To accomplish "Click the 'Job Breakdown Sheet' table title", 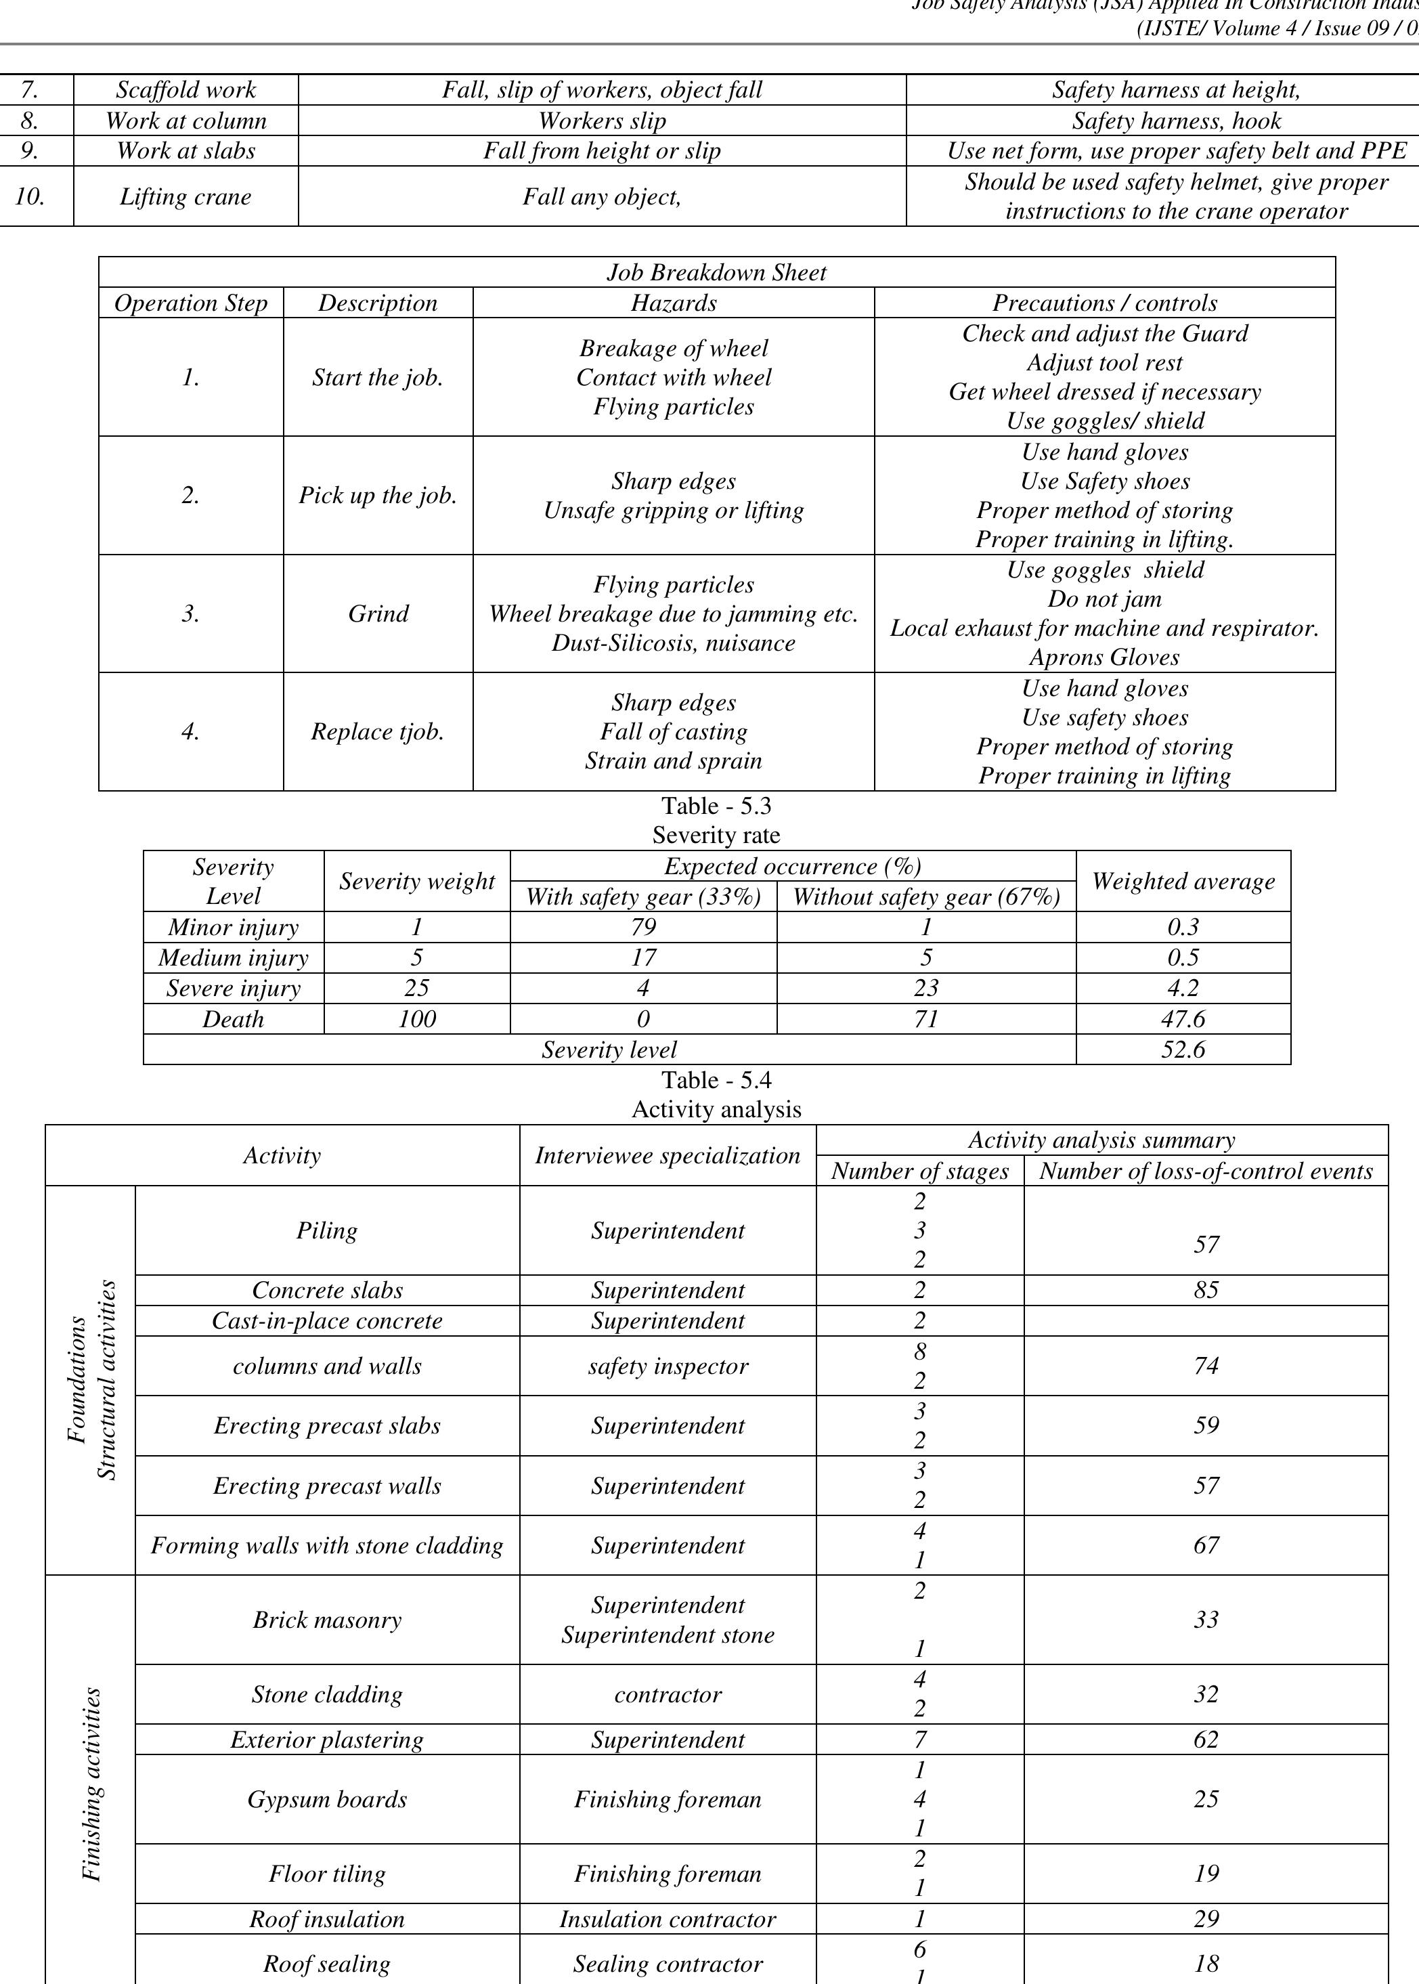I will pyautogui.click(x=716, y=273).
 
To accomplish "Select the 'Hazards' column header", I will pyautogui.click(x=674, y=303).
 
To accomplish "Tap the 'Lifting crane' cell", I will pyautogui.click(x=185, y=196).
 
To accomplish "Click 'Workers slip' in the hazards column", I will pyautogui.click(x=602, y=121).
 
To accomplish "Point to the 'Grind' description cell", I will pyautogui.click(x=378, y=613).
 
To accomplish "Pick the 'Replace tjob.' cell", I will pyautogui.click(x=378, y=731).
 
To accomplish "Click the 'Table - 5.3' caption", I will pyautogui.click(x=716, y=805).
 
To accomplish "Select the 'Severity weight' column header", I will pyautogui.click(x=417, y=881).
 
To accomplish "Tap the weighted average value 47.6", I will pyautogui.click(x=1183, y=1019).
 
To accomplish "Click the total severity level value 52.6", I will pyautogui.click(x=1183, y=1050).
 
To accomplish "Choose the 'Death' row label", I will pyautogui.click(x=234, y=1019).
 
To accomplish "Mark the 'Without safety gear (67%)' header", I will pyautogui.click(x=926, y=897).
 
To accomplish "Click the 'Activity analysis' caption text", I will pyautogui.click(x=716, y=1110).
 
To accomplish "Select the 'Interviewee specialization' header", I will pyautogui.click(x=668, y=1155).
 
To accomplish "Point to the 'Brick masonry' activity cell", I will pyautogui.click(x=328, y=1620).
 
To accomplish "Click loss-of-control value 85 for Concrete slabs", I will pyautogui.click(x=1206, y=1290).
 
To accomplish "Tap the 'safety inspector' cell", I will pyautogui.click(x=668, y=1366).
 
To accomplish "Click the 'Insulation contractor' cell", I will pyautogui.click(x=668, y=1919).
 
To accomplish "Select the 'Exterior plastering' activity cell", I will pyautogui.click(x=328, y=1740).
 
